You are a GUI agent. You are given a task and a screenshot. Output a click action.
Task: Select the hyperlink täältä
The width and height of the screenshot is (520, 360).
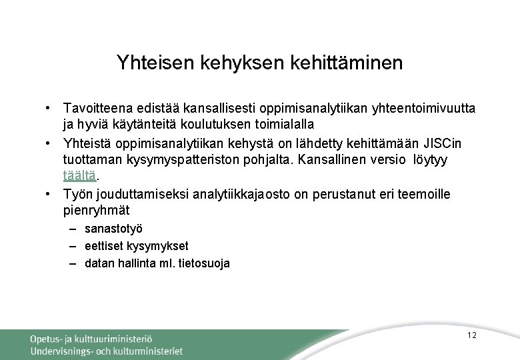pos(80,177)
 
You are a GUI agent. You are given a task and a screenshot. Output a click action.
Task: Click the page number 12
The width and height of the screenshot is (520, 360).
pos(472,335)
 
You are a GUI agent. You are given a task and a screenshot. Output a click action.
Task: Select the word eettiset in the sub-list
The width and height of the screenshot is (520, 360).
pos(103,247)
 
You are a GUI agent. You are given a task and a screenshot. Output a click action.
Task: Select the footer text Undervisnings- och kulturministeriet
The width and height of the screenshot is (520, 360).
pos(106,351)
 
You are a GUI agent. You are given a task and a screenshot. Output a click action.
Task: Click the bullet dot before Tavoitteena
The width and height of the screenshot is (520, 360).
pos(49,108)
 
